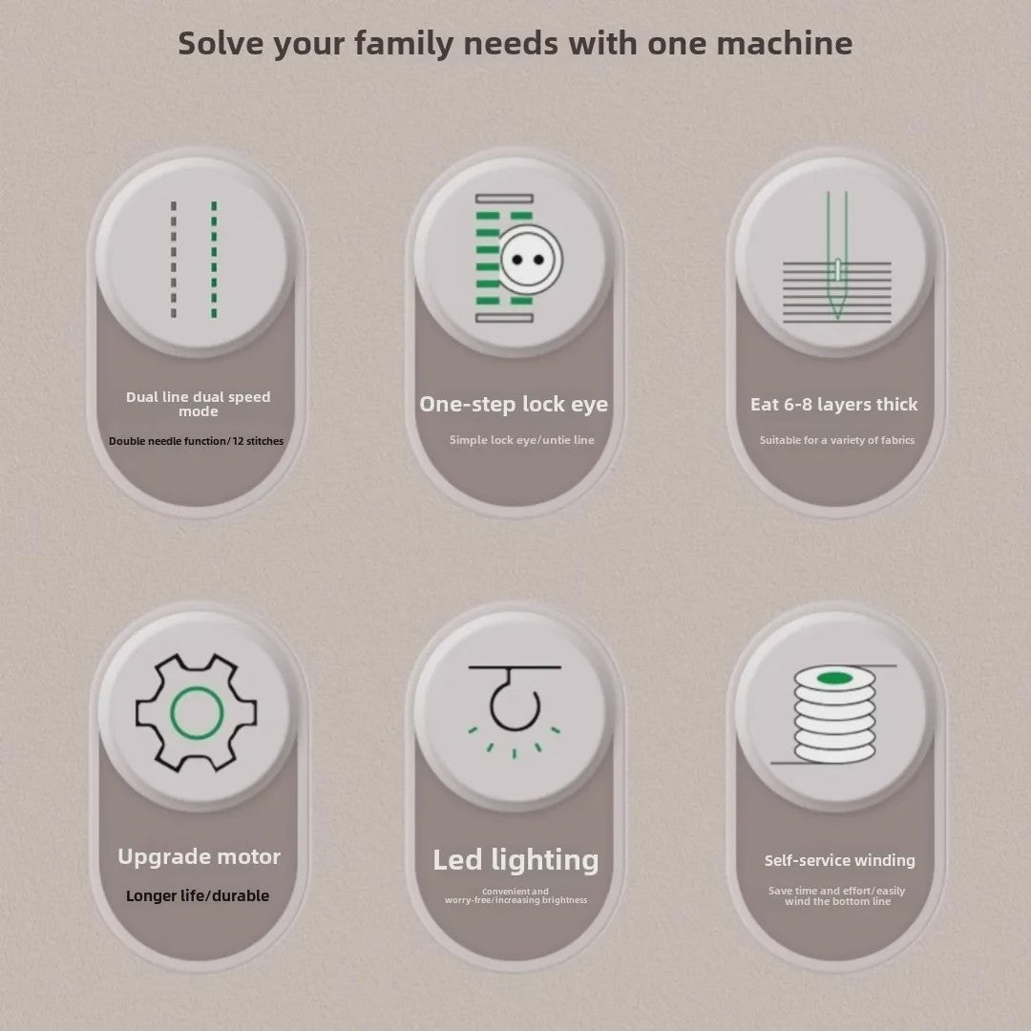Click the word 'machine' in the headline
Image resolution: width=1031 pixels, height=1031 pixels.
point(785,44)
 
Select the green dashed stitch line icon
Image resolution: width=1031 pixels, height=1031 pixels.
point(214,260)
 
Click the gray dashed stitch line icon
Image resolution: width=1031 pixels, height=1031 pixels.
point(174,260)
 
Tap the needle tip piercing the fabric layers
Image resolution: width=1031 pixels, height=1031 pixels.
point(836,319)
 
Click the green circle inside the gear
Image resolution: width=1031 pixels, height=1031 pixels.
point(197,713)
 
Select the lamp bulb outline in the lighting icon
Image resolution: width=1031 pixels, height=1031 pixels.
point(515,705)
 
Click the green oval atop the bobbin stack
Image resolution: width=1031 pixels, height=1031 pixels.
point(834,678)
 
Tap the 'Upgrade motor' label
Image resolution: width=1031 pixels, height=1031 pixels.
point(200,856)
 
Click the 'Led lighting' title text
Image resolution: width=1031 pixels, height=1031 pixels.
point(515,860)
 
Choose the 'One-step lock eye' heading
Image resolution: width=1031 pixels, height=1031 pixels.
point(514,404)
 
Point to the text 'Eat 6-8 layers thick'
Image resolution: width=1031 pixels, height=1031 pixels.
point(833,405)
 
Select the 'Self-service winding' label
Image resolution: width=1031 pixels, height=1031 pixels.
point(840,861)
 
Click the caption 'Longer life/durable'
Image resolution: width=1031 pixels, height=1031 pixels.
point(198,895)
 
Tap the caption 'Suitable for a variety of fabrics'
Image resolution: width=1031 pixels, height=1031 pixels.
point(837,440)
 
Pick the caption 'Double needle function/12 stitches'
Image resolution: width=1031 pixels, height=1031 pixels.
point(196,441)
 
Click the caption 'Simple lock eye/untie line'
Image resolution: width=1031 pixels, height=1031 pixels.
point(521,440)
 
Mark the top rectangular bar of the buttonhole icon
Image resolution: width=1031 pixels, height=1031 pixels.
point(504,199)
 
